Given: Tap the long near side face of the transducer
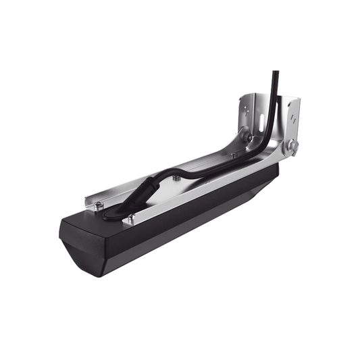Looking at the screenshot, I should [x=176, y=230].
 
